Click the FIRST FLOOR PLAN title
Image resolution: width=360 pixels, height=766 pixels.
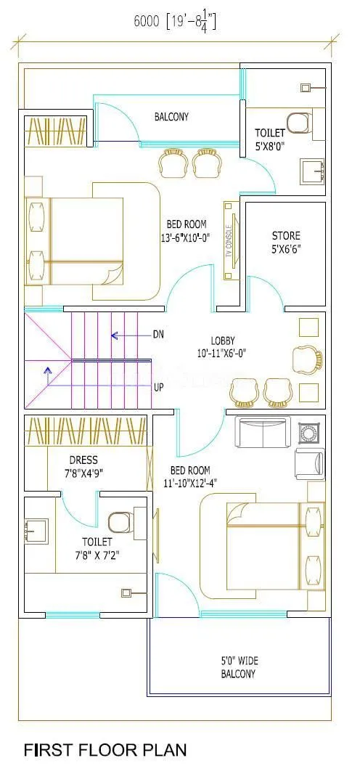click(105, 749)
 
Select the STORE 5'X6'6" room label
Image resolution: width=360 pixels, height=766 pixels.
click(286, 242)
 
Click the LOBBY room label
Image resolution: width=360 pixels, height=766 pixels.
click(223, 346)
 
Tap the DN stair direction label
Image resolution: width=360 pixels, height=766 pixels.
click(158, 335)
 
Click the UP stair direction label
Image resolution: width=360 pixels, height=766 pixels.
click(158, 387)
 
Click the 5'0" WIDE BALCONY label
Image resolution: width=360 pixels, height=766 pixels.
click(239, 667)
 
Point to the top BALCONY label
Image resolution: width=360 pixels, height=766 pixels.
click(171, 116)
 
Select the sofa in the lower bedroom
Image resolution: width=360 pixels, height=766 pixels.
click(264, 433)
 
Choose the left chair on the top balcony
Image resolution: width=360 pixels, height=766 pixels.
click(173, 163)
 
